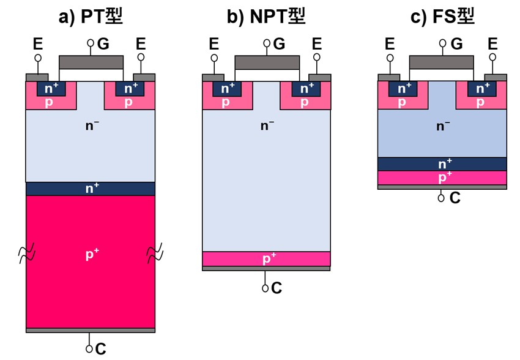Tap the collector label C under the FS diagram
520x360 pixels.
[455, 198]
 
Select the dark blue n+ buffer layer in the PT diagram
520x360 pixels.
[90, 189]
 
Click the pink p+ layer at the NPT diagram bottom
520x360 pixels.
[266, 259]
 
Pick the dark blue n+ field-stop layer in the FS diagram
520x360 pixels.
[442, 164]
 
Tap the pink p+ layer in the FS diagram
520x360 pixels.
[442, 178]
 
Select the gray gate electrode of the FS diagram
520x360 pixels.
[441, 62]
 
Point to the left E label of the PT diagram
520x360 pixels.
[38, 44]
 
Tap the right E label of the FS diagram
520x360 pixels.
[492, 44]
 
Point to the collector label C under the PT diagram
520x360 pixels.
[101, 348]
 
